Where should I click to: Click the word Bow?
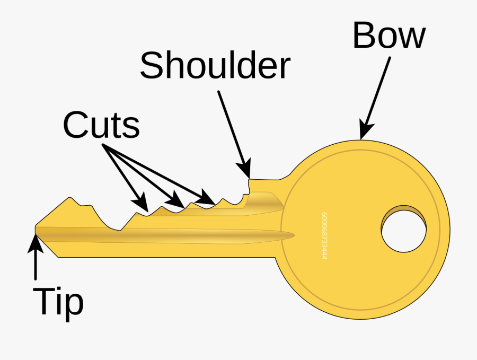389,37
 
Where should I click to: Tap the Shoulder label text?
215,65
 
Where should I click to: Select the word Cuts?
101,126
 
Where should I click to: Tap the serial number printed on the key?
324,236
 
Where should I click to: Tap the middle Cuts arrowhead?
175,200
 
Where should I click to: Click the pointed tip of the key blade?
36,229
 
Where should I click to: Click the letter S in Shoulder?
152,65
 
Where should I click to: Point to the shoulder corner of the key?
250,179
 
